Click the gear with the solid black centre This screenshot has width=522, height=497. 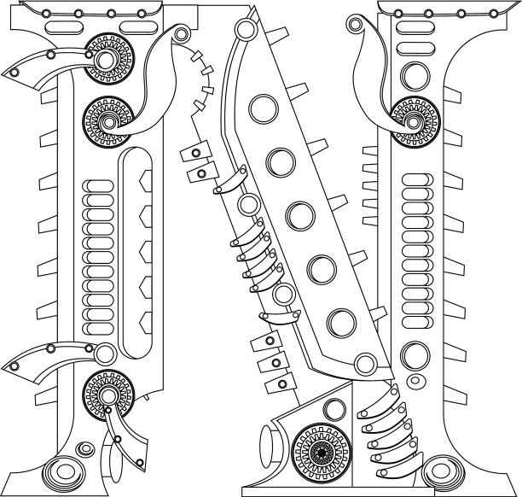[x=322, y=453]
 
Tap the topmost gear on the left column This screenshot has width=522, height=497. [x=109, y=59]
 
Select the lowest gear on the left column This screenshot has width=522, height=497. [x=108, y=395]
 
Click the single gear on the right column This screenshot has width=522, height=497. [x=415, y=122]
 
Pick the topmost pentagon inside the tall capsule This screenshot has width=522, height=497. [x=146, y=181]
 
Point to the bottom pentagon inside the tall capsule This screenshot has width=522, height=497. [x=146, y=323]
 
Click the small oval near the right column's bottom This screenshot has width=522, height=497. [x=415, y=380]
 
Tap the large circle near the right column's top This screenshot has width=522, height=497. [x=415, y=76]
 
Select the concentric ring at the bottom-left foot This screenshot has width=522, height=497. [x=66, y=471]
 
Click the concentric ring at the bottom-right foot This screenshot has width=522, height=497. [x=444, y=471]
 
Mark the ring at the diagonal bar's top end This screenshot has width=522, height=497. [x=246, y=29]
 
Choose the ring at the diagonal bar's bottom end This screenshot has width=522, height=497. [x=366, y=364]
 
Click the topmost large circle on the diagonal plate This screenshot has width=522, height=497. [x=264, y=109]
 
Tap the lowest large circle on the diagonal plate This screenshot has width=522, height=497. [x=341, y=323]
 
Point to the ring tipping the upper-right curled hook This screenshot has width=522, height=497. [x=355, y=24]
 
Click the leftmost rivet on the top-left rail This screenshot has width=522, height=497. [x=46, y=14]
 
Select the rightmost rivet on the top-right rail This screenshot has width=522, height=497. [x=494, y=14]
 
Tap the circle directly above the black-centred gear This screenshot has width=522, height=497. [x=334, y=409]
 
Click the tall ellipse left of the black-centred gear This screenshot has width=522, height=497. [x=267, y=447]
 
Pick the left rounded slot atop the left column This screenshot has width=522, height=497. [x=64, y=27]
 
